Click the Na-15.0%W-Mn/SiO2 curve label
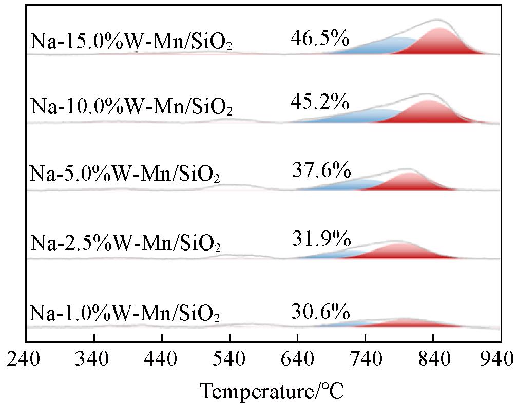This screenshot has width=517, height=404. [131, 42]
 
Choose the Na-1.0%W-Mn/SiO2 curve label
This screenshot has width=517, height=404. [125, 312]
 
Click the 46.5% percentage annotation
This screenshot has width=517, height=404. [320, 37]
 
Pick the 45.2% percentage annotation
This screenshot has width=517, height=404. [320, 103]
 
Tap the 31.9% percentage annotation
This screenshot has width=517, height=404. [320, 239]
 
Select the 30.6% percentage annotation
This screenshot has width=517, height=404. [320, 311]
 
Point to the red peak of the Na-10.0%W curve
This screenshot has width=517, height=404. [428, 110]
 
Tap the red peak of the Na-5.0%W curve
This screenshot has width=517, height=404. [410, 181]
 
